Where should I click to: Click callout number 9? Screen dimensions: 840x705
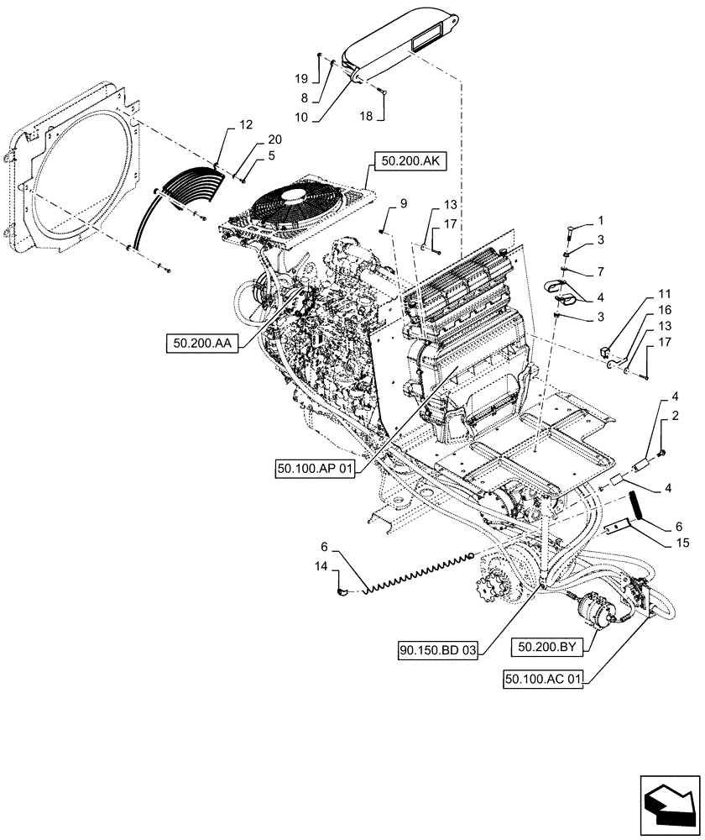coord(379,203)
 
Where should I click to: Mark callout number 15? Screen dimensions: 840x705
coord(681,543)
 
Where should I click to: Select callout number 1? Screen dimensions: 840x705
coord(600,220)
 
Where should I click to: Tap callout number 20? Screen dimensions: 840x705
coord(252,139)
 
